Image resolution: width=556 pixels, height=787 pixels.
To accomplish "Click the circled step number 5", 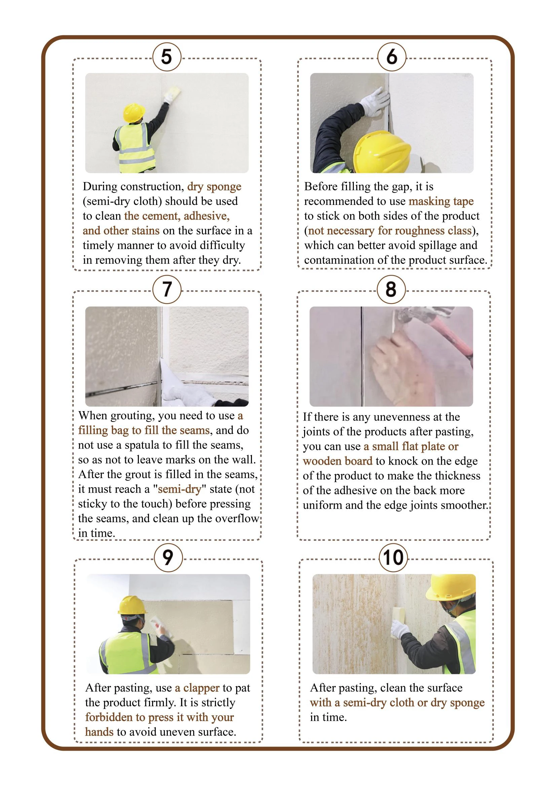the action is click(166, 57).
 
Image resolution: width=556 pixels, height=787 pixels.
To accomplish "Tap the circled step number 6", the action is click(392, 57).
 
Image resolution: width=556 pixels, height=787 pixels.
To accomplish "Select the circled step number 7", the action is click(166, 289).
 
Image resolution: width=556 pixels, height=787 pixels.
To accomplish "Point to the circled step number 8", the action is click(391, 289).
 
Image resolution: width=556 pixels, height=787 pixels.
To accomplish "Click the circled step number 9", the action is click(168, 557).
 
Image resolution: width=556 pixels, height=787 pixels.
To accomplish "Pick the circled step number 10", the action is click(393, 557).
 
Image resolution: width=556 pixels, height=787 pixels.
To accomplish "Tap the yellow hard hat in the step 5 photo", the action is click(134, 112).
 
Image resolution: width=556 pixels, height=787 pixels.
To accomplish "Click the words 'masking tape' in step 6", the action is click(441, 202).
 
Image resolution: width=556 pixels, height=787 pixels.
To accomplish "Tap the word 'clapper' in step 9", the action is click(201, 688).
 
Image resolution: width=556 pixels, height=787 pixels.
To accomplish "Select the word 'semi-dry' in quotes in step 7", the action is click(180, 489).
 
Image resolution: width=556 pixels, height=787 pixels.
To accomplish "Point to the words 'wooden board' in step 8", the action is click(338, 461).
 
